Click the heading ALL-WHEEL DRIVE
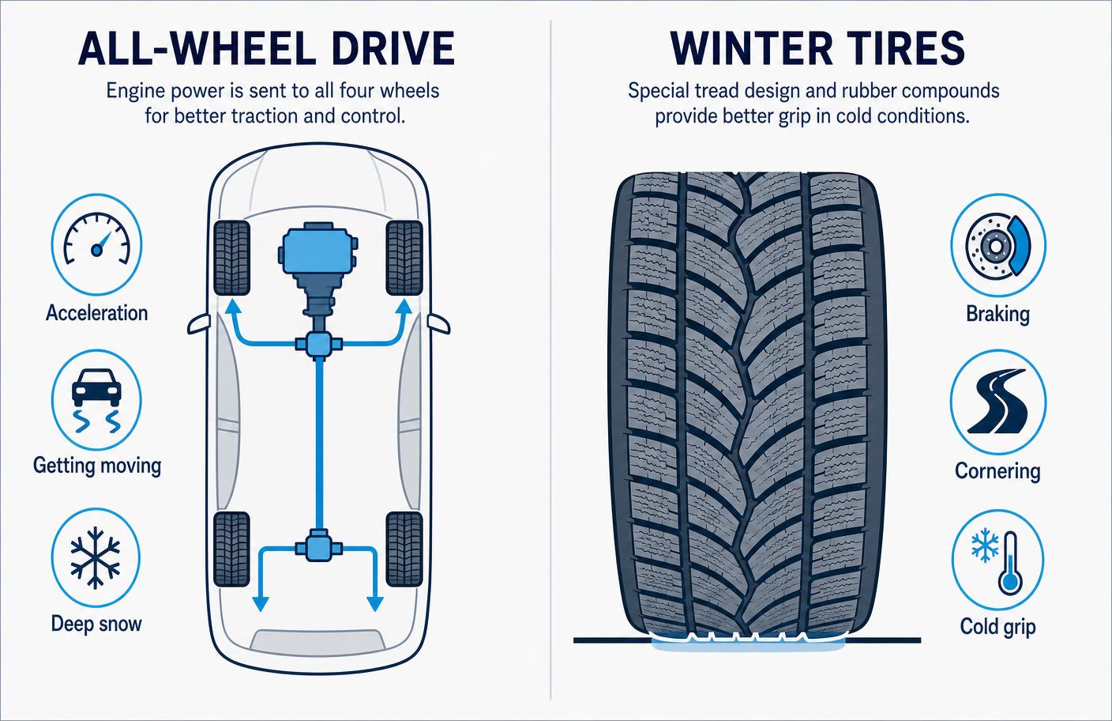click(x=267, y=49)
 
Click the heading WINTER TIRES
click(x=817, y=48)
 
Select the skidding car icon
click(x=97, y=401)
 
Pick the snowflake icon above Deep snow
click(x=96, y=558)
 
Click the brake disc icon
click(x=997, y=245)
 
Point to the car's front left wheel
click(x=231, y=258)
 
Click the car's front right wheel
click(x=404, y=258)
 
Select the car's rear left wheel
click(x=231, y=549)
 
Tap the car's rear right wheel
click(x=404, y=549)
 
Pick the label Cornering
click(x=997, y=471)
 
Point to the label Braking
click(x=997, y=314)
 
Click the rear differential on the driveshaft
click(x=318, y=548)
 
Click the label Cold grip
click(x=997, y=627)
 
